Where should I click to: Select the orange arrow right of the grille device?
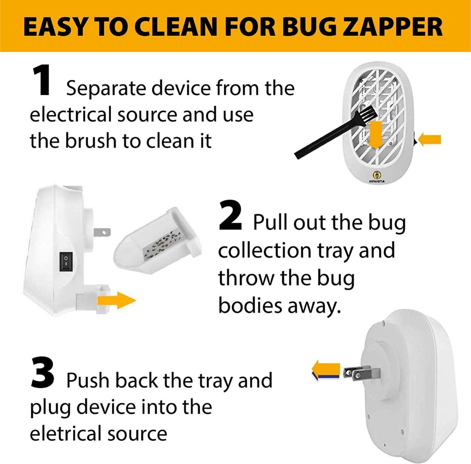tap(430, 140)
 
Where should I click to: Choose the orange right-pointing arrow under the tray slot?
tap(116, 300)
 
